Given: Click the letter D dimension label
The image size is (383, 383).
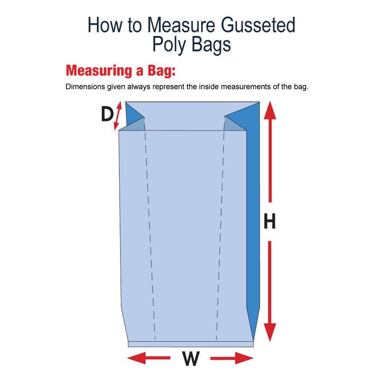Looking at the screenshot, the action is pos(107,115).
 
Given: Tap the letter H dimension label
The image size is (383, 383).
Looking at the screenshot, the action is pos(270,221).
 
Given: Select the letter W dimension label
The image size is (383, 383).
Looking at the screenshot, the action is pos(191,358).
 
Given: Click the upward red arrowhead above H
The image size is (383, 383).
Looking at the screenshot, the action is pos(270,110).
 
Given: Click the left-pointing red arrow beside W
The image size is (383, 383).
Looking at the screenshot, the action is pos(149,358).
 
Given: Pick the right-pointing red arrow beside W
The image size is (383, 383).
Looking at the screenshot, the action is pos(232,358).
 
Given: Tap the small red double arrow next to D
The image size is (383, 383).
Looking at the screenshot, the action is pos(118,116).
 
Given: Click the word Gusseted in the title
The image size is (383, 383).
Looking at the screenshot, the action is pos(258,25).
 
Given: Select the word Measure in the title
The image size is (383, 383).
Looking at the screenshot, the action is pos(181,25).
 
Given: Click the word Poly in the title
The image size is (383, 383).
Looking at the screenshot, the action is pos(169,45).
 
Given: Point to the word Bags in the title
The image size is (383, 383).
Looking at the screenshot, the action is pos(211,45).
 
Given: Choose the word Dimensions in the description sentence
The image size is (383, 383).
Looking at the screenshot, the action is pos(85,87).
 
